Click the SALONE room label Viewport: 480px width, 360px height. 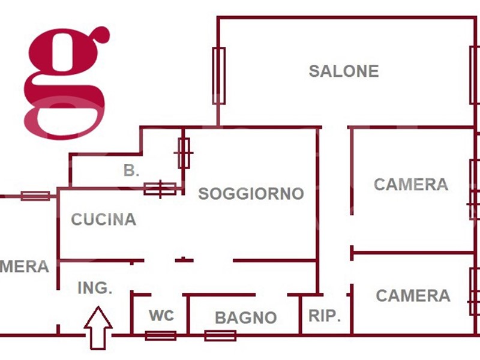pos(344,71)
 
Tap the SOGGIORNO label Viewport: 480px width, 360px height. pos(251,194)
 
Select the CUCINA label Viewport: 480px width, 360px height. pos(104,220)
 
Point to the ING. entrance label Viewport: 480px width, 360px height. pos(95,288)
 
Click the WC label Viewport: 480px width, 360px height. pos(161,316)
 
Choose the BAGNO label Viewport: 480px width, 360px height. pos(246,317)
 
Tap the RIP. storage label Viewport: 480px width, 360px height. pos(325,316)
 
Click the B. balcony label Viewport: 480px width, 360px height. pos(131,170)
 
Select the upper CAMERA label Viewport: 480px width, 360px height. pos(411,184)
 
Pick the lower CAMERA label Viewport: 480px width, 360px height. pos(413,295)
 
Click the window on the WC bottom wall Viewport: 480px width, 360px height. pos(161,335)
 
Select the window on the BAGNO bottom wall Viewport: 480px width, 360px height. pos(220,335)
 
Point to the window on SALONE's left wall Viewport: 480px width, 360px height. pos(219,76)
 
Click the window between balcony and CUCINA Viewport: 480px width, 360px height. pos(160,189)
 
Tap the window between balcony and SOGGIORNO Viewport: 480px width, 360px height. pos(184,153)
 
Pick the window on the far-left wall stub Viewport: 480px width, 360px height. pos(35,196)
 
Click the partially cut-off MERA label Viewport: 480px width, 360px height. pos(24,266)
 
